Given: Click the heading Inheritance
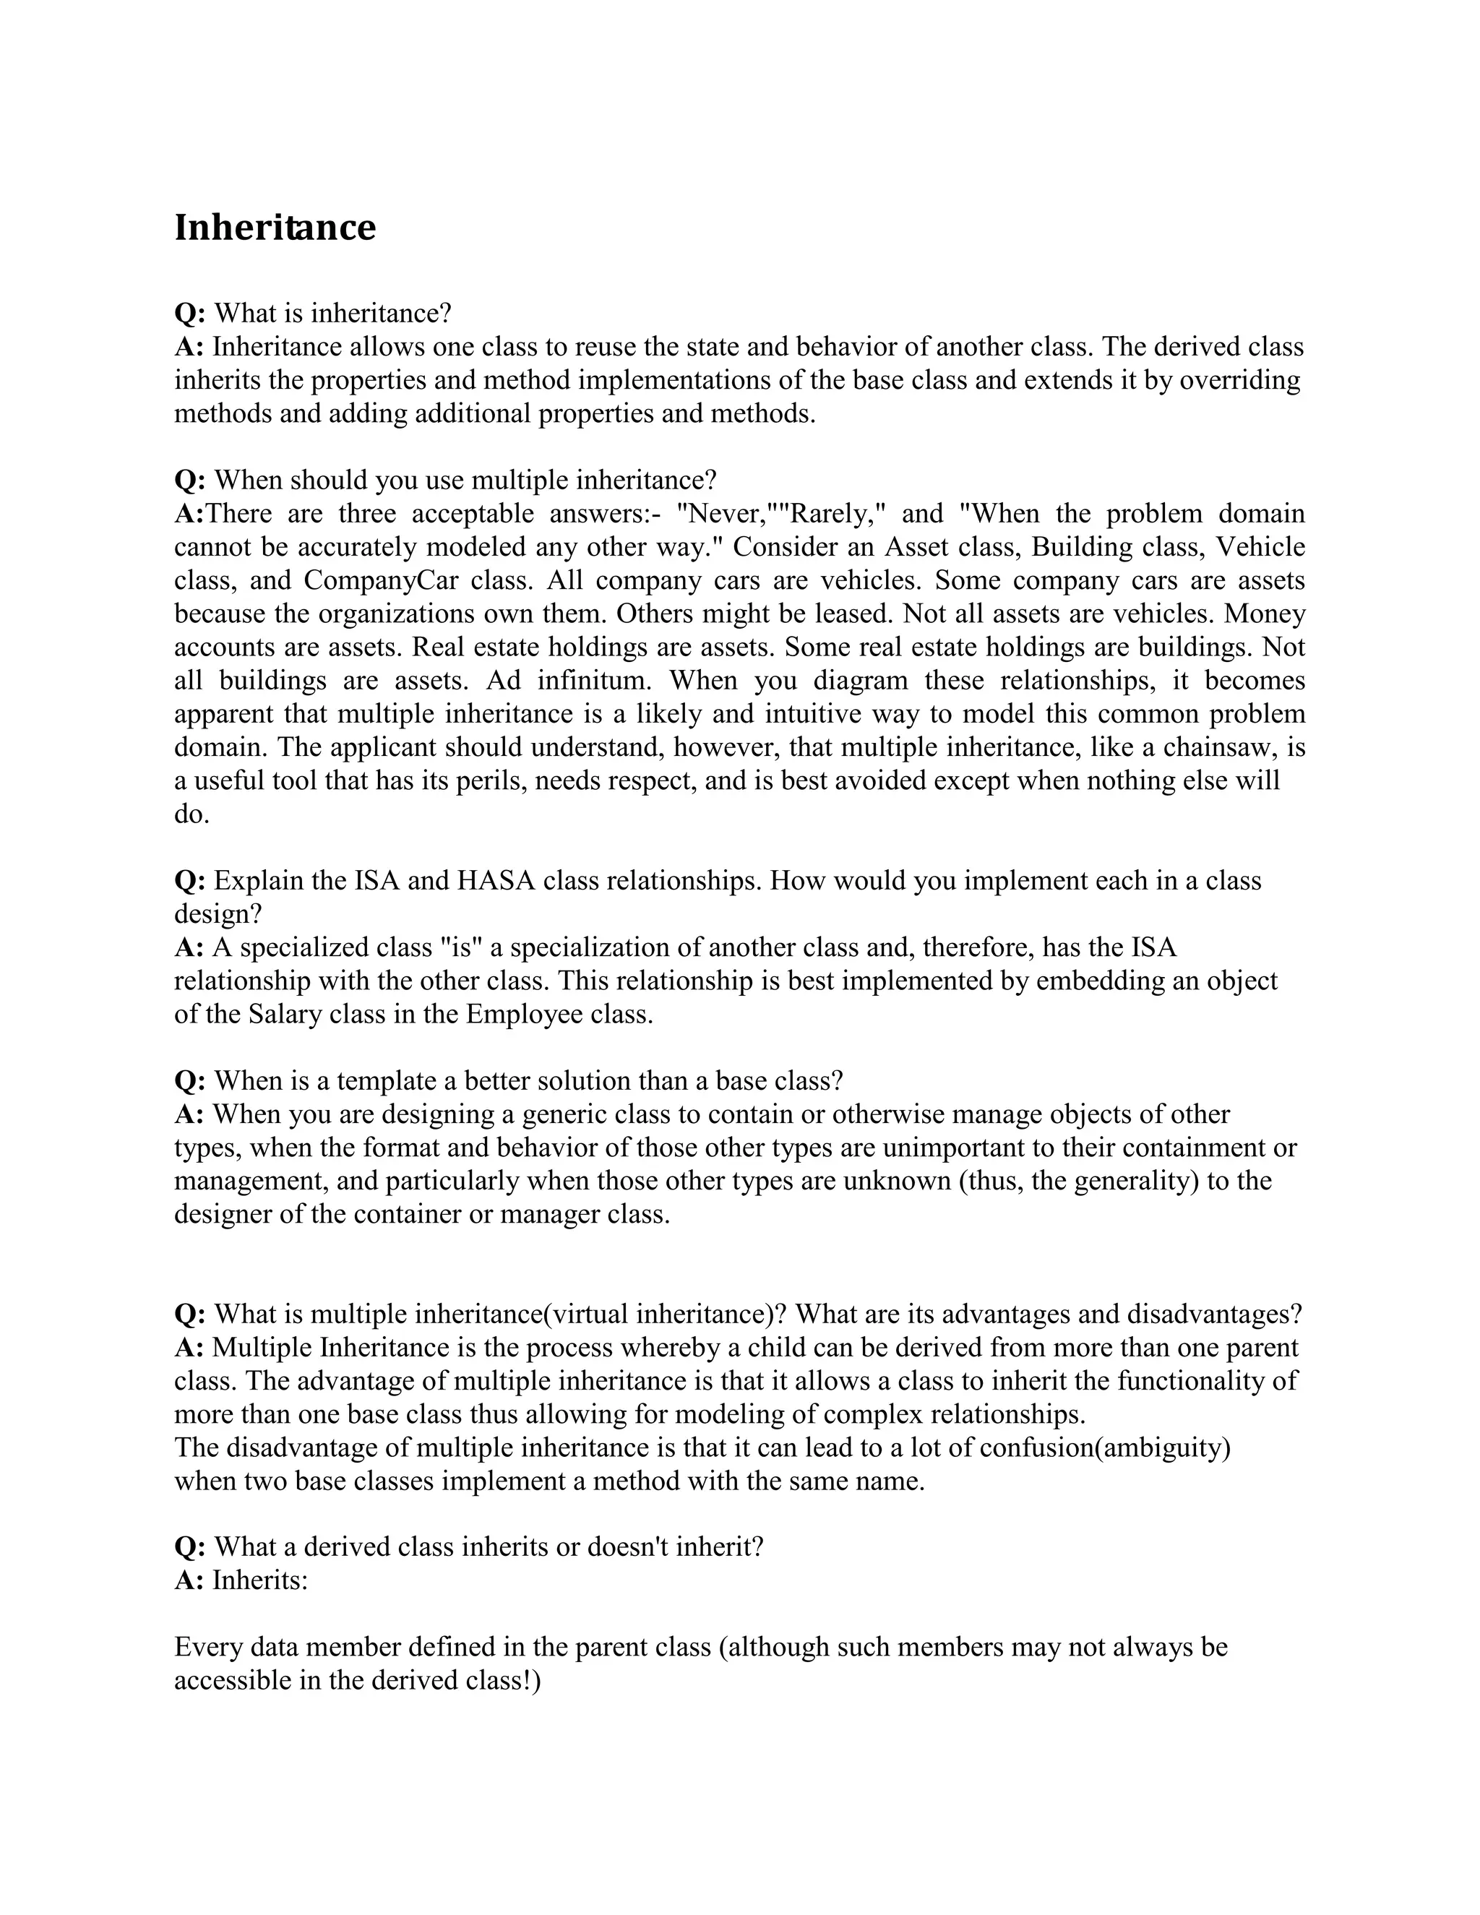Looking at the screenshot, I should [x=275, y=228].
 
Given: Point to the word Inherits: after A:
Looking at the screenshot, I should [x=260, y=1580].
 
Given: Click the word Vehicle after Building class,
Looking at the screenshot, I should [x=1261, y=547].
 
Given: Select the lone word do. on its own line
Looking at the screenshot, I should [x=191, y=814].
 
